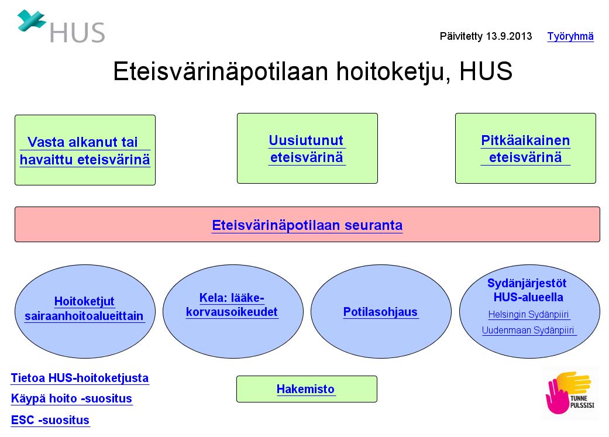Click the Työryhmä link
pyautogui.click(x=570, y=36)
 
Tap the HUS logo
pyautogui.click(x=61, y=26)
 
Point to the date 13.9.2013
pyautogui.click(x=509, y=36)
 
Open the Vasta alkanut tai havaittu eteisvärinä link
pyautogui.click(x=85, y=151)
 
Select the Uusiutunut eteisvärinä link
pyautogui.click(x=307, y=149)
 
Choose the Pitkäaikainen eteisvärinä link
pyautogui.click(x=525, y=149)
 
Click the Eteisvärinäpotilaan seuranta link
pyautogui.click(x=307, y=225)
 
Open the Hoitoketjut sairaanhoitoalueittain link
pyautogui.click(x=84, y=308)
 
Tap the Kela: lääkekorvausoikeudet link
pyautogui.click(x=232, y=305)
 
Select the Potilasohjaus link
pyautogui.click(x=380, y=312)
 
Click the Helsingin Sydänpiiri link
pyautogui.click(x=528, y=314)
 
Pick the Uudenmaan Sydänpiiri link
pyautogui.click(x=528, y=330)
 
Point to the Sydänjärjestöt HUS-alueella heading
pyautogui.click(x=528, y=290)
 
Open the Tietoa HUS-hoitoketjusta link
pyautogui.click(x=80, y=378)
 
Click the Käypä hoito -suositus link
pyautogui.click(x=71, y=398)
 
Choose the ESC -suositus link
pyautogui.click(x=50, y=420)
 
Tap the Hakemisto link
pyautogui.click(x=305, y=389)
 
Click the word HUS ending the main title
pyautogui.click(x=486, y=71)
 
